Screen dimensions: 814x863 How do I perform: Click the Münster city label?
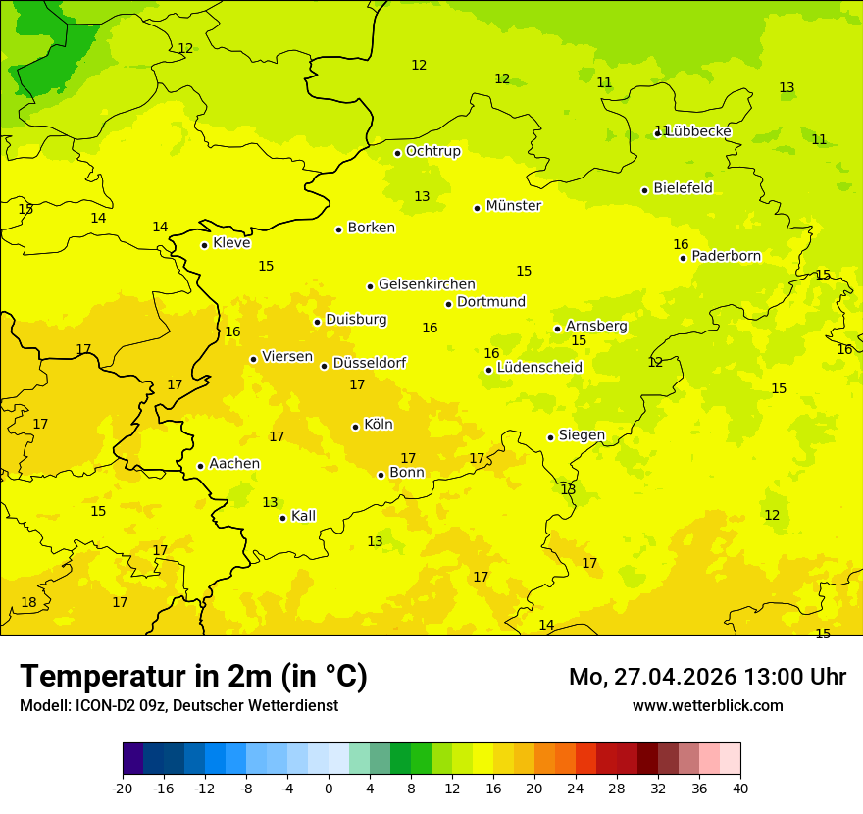[513, 206]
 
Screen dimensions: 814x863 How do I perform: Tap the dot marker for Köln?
[355, 427]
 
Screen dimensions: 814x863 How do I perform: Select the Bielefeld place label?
[683, 188]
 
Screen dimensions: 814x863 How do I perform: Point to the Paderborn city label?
[726, 256]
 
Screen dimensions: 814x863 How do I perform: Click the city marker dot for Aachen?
[200, 466]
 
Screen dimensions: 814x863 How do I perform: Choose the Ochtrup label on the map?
[432, 151]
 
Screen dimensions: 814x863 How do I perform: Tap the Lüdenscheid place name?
[539, 368]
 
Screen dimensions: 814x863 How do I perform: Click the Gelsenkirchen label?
[427, 284]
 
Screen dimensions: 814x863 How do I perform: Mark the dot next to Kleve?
[204, 245]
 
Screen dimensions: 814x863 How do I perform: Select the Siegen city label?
[582, 435]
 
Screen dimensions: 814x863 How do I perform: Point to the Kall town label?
[303, 516]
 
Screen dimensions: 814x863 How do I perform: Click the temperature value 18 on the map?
[29, 602]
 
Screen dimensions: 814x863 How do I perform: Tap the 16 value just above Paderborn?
[681, 244]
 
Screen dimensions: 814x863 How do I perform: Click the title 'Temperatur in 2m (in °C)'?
[193, 677]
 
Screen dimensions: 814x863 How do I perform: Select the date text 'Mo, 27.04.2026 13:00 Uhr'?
[707, 677]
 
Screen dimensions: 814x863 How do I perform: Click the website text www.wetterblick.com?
[707, 705]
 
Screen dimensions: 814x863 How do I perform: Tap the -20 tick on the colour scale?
[123, 788]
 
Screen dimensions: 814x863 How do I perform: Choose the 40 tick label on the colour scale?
[740, 788]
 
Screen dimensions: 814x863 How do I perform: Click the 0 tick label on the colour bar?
[329, 788]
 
